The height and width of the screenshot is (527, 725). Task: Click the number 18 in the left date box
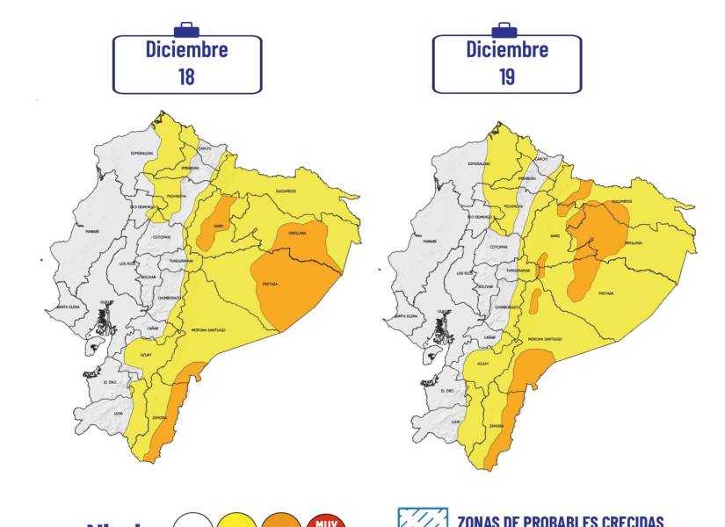(x=186, y=76)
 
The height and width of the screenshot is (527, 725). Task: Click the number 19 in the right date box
(x=506, y=76)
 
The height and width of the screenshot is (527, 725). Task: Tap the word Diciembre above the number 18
(x=186, y=49)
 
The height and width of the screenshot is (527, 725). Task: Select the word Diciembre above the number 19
(x=506, y=49)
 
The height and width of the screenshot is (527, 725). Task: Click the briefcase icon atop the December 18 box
(x=186, y=29)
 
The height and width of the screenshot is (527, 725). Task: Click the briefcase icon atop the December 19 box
(x=504, y=29)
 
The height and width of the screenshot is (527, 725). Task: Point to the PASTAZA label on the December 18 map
(x=270, y=284)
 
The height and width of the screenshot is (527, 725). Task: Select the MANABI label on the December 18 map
(x=91, y=231)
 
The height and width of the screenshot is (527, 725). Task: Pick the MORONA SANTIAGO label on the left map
(x=208, y=329)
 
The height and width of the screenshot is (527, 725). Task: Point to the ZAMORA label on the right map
(x=496, y=425)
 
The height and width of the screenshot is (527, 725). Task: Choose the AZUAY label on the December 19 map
(x=482, y=363)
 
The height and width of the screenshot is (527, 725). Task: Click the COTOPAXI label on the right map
(x=499, y=247)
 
